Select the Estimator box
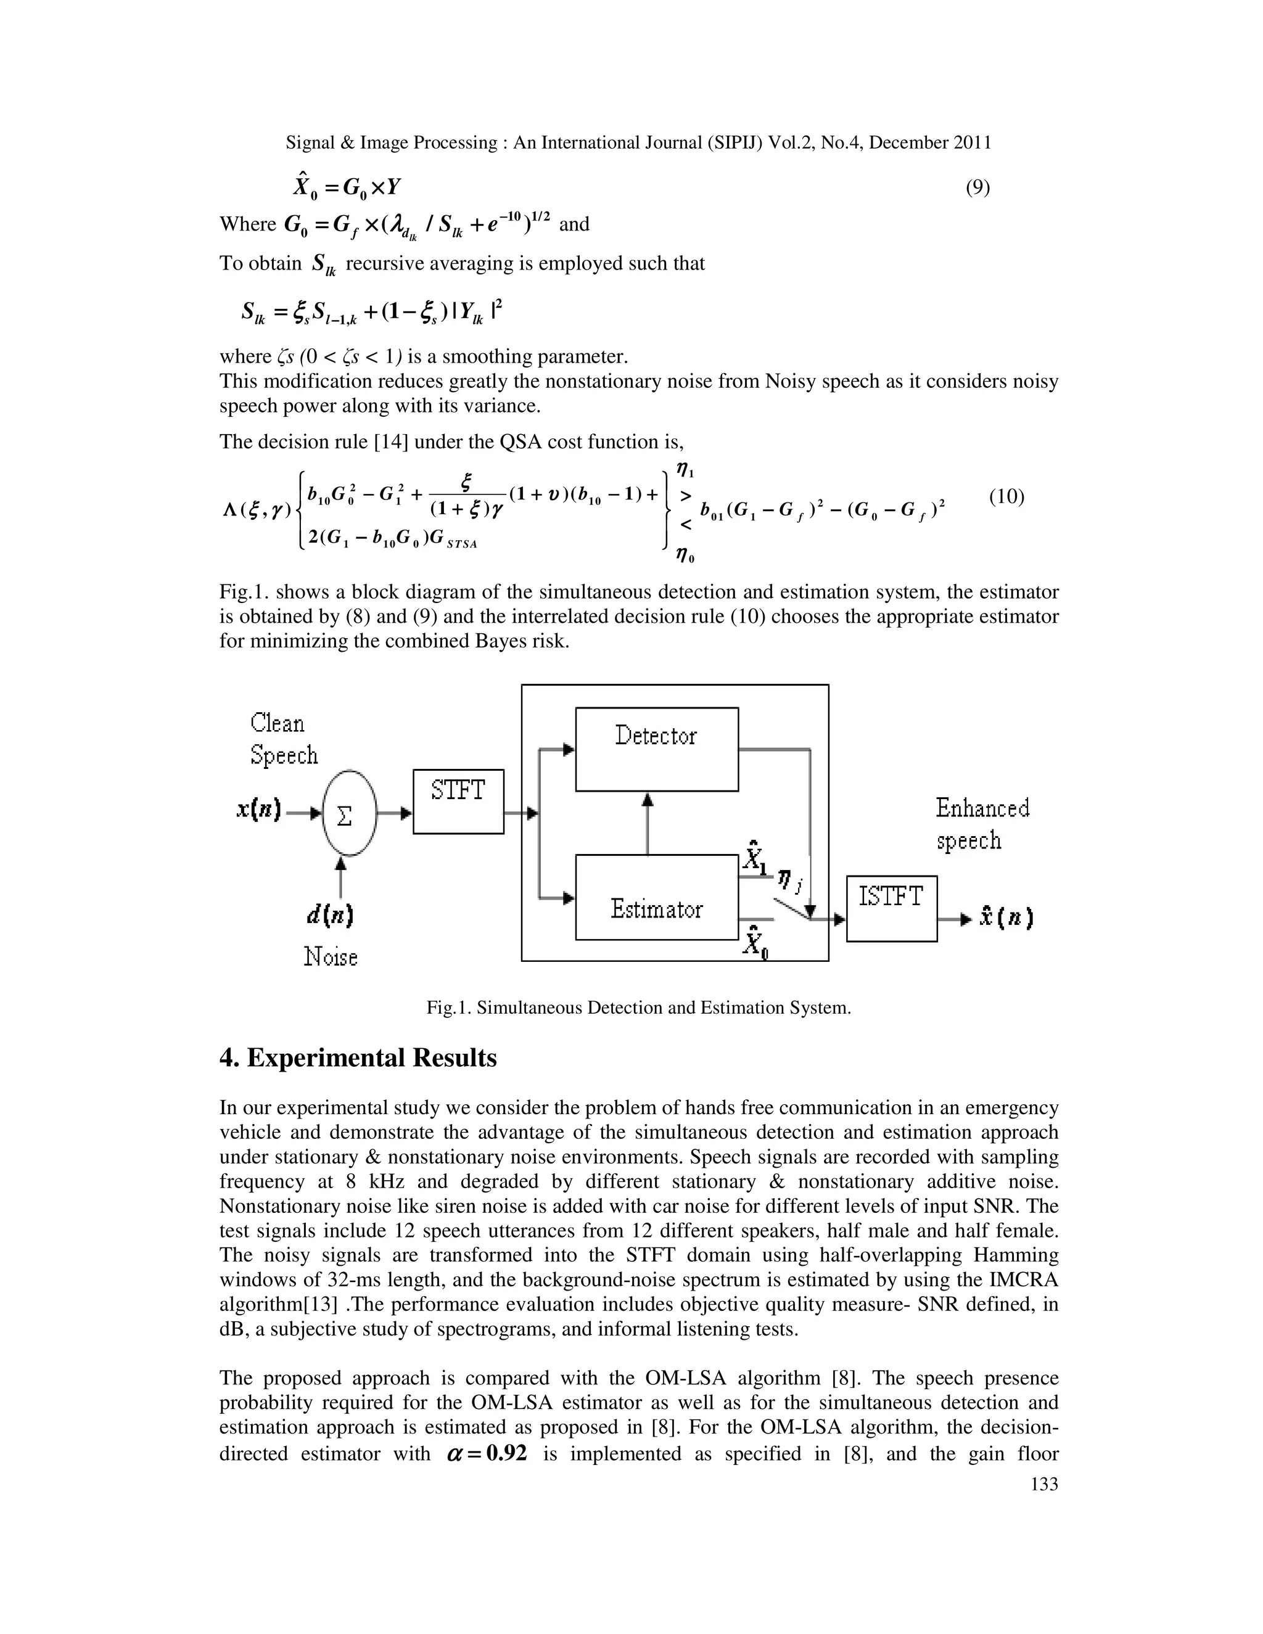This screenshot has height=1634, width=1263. click(x=656, y=897)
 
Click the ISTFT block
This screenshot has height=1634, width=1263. click(x=891, y=908)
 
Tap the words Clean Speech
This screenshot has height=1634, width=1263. click(x=284, y=739)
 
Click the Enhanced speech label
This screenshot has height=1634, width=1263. click(x=982, y=824)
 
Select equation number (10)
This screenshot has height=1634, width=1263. click(x=1006, y=497)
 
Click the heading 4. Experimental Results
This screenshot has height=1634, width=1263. click(x=358, y=1058)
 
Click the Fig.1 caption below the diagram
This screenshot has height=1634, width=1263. click(x=638, y=1008)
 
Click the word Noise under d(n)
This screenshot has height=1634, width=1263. click(x=330, y=956)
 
